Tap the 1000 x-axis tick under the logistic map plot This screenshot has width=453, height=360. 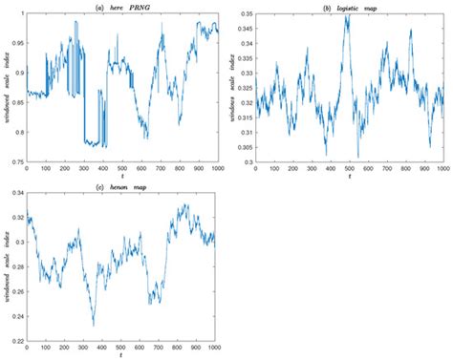(442, 170)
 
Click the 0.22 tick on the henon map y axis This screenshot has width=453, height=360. (17, 339)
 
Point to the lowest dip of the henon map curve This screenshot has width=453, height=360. (93, 325)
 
